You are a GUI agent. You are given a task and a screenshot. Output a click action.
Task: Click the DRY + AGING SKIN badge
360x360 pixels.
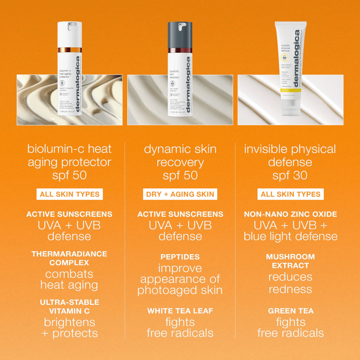[180, 194]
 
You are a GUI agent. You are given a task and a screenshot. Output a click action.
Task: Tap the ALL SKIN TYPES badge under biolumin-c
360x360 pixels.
[69, 194]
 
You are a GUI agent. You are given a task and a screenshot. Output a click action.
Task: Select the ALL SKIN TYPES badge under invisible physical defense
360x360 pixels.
[291, 194]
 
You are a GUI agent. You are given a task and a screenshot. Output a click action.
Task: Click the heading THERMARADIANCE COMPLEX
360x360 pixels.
[69, 258]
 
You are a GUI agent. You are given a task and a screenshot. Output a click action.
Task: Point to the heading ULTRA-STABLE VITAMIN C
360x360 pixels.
[69, 306]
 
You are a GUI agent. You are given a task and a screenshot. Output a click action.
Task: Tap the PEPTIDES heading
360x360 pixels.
[180, 257]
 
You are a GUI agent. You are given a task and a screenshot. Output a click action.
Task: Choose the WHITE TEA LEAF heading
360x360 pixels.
[180, 311]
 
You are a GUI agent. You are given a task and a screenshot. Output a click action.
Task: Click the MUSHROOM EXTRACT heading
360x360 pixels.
[291, 261]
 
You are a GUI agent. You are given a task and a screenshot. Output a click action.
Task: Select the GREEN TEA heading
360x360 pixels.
[291, 311]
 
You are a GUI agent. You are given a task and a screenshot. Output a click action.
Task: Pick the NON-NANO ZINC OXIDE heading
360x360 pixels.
[291, 214]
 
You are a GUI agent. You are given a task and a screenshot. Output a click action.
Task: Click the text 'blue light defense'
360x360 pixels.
[291, 236]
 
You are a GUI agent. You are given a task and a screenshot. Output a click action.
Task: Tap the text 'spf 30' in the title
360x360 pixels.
[290, 176]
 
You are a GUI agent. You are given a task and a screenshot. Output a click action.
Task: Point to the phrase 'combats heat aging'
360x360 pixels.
[69, 279]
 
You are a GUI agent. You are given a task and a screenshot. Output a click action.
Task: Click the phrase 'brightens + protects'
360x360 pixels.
[69, 328]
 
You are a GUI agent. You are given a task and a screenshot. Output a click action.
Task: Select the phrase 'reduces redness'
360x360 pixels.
[291, 283]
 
